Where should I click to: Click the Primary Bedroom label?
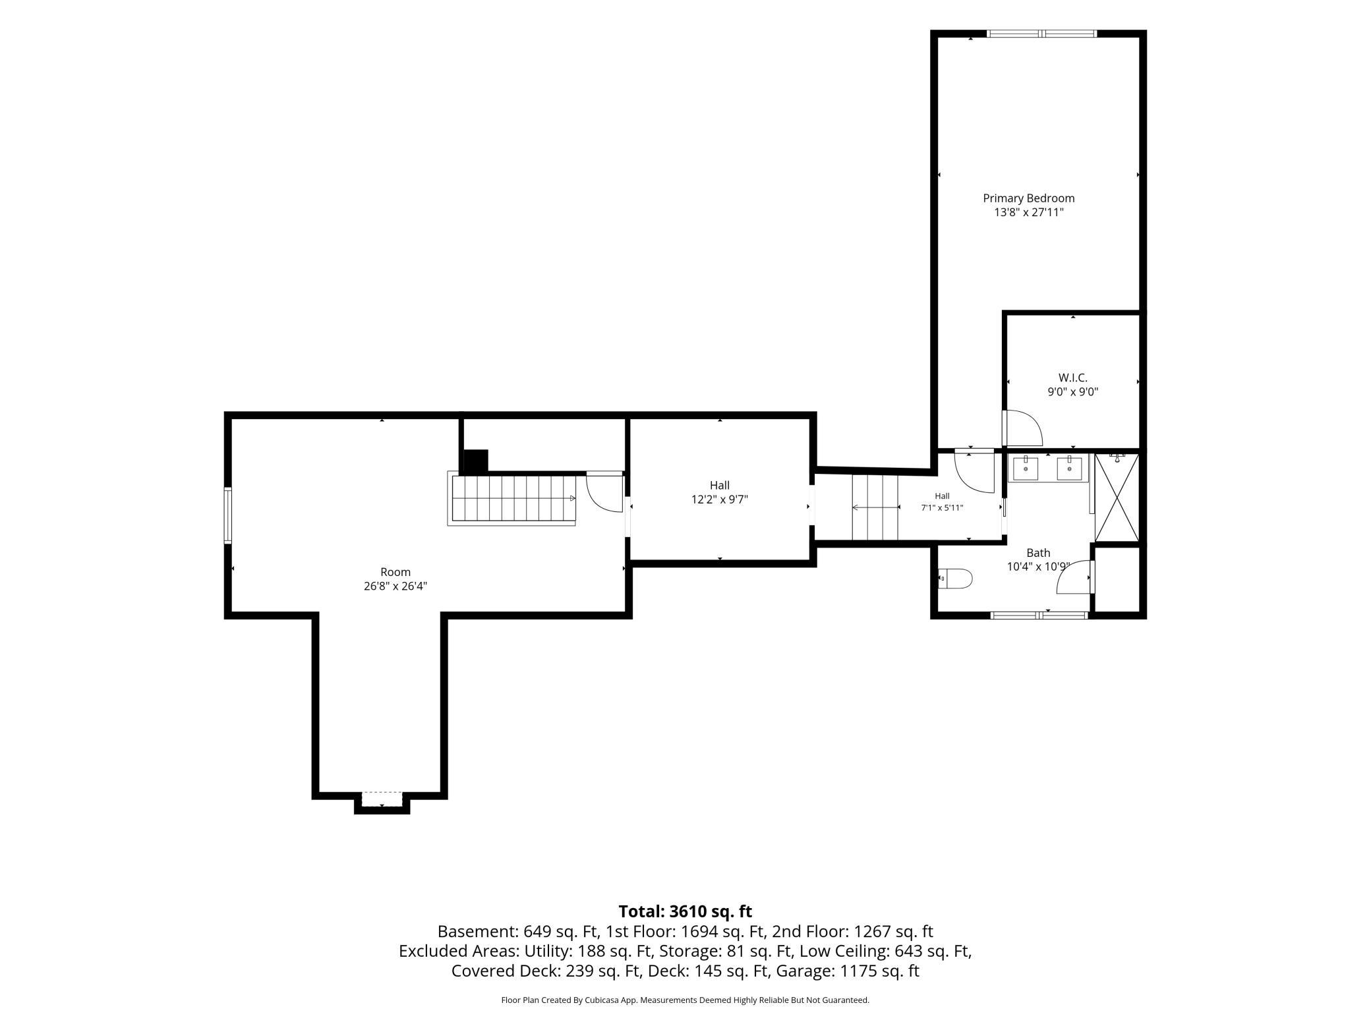click(1028, 198)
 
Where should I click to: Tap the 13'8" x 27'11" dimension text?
click(1028, 212)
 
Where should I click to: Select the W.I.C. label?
click(1073, 378)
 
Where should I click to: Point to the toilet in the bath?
click(955, 579)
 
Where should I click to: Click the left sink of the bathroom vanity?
click(1026, 468)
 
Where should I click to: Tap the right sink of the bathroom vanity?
click(1068, 468)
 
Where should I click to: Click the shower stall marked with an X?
click(1117, 497)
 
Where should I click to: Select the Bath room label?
click(1038, 553)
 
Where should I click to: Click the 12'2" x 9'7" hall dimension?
click(719, 500)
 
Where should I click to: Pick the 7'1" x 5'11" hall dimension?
click(942, 508)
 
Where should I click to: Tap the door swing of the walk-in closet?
click(1022, 428)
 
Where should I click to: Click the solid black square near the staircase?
click(475, 461)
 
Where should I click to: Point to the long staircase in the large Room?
click(512, 499)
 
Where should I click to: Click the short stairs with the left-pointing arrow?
click(875, 507)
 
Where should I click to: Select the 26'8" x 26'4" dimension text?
click(395, 586)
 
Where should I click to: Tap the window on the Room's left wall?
click(228, 515)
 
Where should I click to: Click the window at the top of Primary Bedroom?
click(1041, 34)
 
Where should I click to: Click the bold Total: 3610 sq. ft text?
click(685, 911)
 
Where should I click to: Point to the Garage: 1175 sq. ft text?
click(848, 971)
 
